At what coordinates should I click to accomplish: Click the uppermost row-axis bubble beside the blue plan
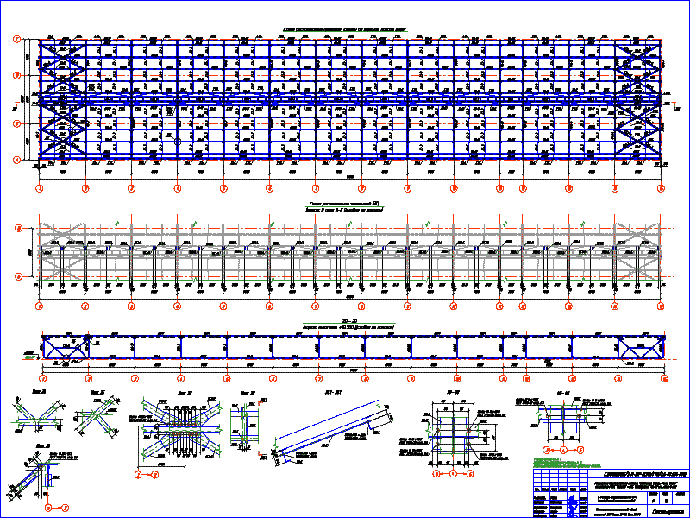click(x=16, y=40)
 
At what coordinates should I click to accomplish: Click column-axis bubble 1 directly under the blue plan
click(x=40, y=186)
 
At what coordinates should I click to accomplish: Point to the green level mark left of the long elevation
click(x=28, y=355)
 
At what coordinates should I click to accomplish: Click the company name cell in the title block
click(x=668, y=511)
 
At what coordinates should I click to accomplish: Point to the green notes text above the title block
click(x=561, y=463)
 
